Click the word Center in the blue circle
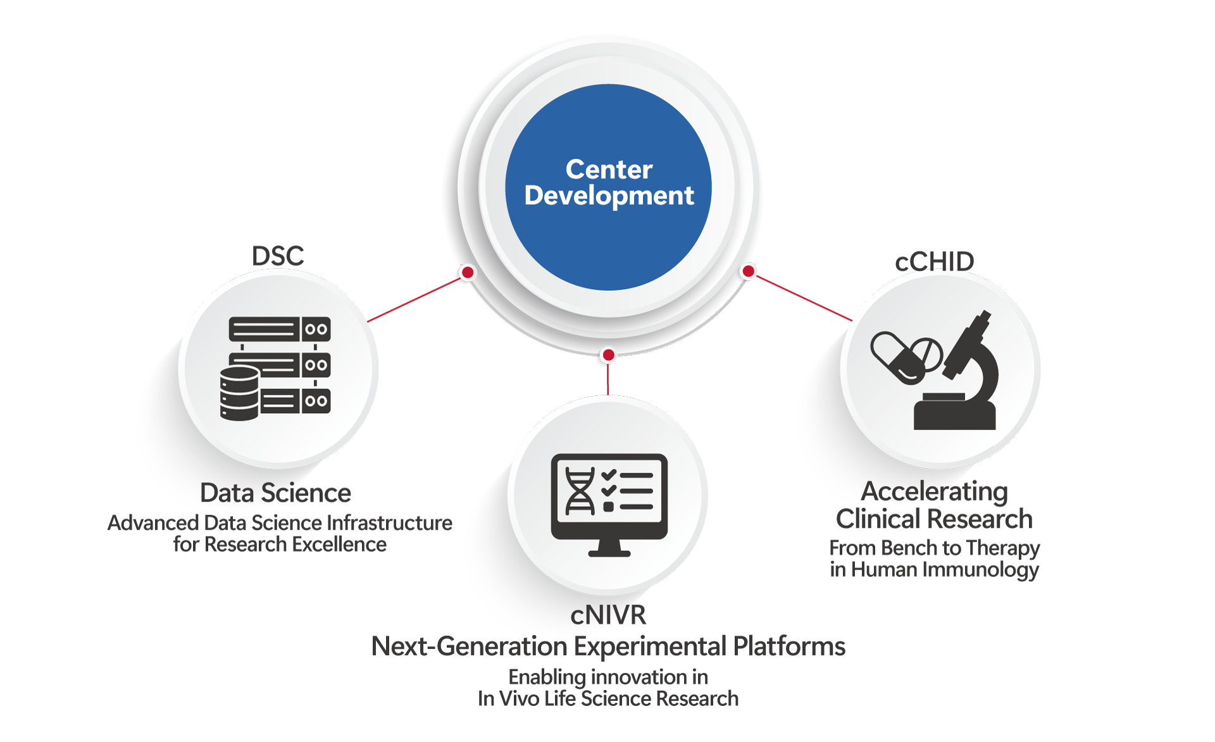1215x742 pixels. click(609, 170)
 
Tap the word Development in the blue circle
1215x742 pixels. click(609, 196)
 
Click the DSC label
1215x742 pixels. click(278, 256)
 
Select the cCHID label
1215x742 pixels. click(935, 261)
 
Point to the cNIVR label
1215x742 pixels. click(608, 615)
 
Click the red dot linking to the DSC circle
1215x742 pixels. click(468, 273)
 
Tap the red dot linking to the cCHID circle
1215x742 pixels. click(749, 271)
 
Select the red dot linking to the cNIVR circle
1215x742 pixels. click(608, 355)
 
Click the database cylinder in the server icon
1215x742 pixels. click(239, 393)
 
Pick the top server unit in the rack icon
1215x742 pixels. click(279, 329)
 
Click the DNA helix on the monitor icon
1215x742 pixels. click(580, 492)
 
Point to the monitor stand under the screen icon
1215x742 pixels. click(609, 548)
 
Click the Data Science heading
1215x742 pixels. click(275, 493)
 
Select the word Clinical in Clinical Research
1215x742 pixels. click(878, 519)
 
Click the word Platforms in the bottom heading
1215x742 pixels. click(788, 646)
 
